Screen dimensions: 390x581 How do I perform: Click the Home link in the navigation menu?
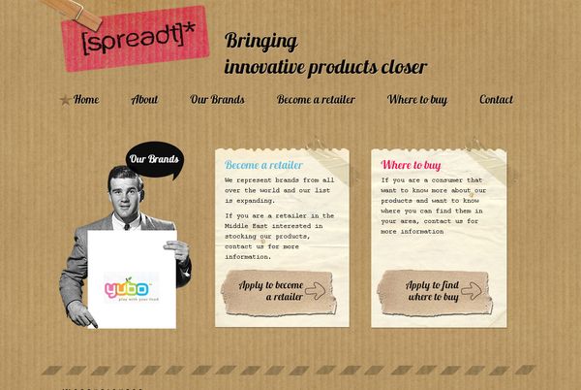click(x=85, y=99)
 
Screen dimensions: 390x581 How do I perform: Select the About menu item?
click(x=144, y=99)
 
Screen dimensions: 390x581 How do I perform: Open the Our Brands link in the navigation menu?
click(x=217, y=99)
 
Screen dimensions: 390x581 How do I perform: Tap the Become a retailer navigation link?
click(x=316, y=99)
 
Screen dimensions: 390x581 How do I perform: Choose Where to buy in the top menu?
click(x=417, y=99)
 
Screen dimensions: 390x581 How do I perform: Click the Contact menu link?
click(x=496, y=99)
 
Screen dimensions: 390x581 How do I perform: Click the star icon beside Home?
click(x=65, y=100)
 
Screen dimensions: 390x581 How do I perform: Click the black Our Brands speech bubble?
click(x=154, y=160)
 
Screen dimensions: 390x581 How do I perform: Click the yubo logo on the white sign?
click(x=126, y=289)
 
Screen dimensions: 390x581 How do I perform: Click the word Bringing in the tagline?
click(x=260, y=41)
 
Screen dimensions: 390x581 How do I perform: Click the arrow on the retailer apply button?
click(x=315, y=289)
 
